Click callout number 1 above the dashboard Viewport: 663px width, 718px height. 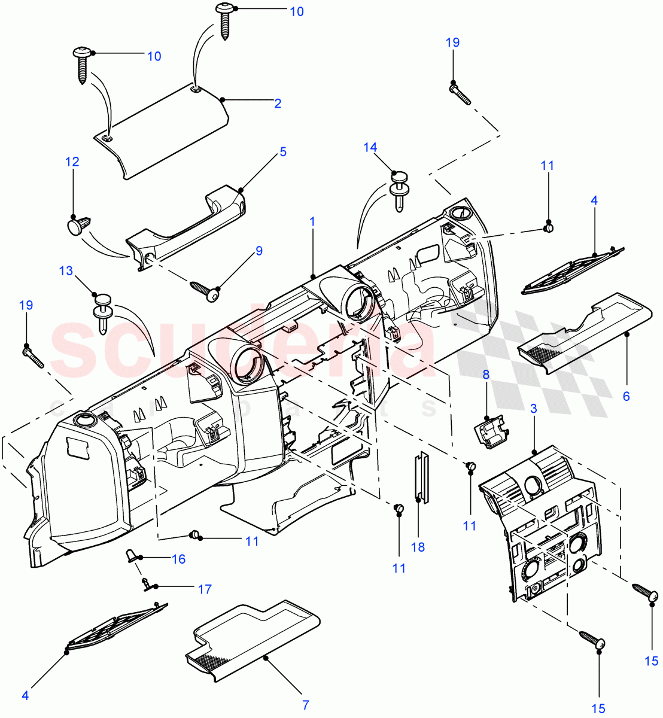pyautogui.click(x=312, y=221)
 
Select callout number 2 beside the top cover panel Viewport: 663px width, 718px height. pyautogui.click(x=278, y=104)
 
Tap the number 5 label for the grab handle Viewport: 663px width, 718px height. pyautogui.click(x=283, y=151)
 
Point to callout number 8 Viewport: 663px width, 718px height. pyautogui.click(x=486, y=375)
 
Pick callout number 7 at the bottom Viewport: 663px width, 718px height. pyautogui.click(x=305, y=705)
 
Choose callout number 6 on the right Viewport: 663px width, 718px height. pyautogui.click(x=626, y=395)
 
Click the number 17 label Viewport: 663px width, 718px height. pyautogui.click(x=205, y=589)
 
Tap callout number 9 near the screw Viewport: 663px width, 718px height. pyautogui.click(x=259, y=251)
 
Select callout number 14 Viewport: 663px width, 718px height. pyautogui.click(x=370, y=147)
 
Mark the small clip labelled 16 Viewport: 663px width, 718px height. pyautogui.click(x=131, y=556)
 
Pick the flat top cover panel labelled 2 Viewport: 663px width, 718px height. pyautogui.click(x=162, y=132)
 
